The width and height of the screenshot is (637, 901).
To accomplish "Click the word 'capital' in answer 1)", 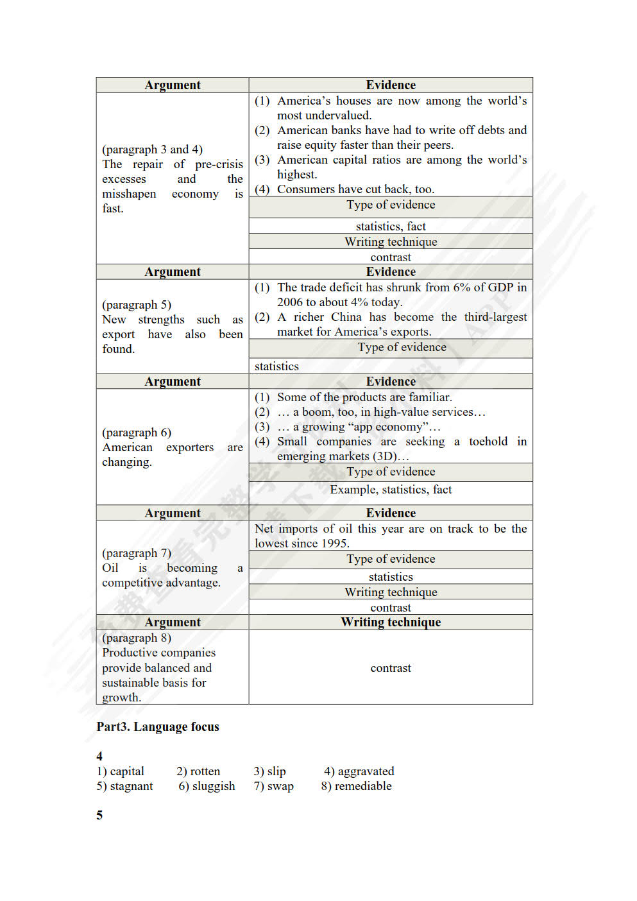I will [x=127, y=771].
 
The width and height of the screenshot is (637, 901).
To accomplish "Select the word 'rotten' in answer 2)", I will [x=205, y=771].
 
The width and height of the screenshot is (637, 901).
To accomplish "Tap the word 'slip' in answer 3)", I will [x=276, y=771].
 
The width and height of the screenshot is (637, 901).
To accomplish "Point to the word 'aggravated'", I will [x=366, y=771].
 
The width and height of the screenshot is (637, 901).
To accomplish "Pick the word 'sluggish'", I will [x=214, y=786].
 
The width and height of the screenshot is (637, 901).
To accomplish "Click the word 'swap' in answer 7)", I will [x=280, y=786].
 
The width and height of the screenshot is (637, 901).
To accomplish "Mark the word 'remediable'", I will [x=363, y=786].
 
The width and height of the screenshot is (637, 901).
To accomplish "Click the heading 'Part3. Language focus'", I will [x=158, y=727].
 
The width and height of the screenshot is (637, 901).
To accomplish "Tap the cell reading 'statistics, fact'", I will [x=391, y=227].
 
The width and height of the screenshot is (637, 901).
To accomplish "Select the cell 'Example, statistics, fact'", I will [x=391, y=490].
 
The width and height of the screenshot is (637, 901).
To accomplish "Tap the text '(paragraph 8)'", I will [x=137, y=638].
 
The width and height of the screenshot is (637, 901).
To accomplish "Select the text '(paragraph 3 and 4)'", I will [x=152, y=150].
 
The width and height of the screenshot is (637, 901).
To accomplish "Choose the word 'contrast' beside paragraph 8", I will [x=391, y=668].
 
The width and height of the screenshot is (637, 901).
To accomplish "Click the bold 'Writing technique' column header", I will [x=391, y=622].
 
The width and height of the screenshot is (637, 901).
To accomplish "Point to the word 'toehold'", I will [x=488, y=442].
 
